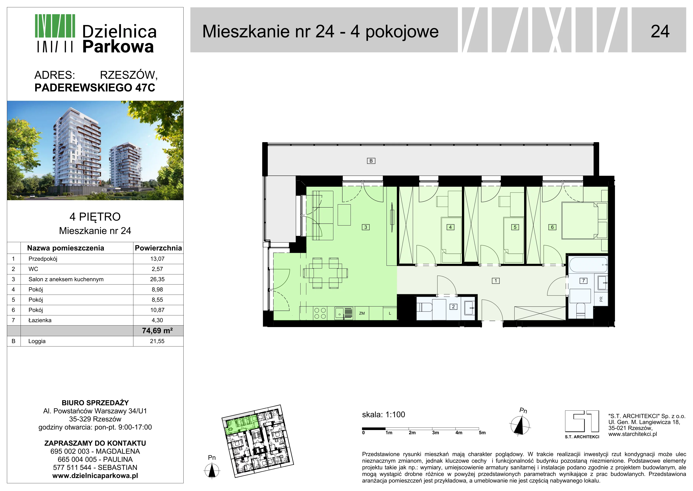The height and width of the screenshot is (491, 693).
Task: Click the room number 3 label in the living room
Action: point(366,227)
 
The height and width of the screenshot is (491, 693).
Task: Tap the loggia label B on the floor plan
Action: point(371,161)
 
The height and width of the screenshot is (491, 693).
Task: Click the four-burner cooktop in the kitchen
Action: point(320,313)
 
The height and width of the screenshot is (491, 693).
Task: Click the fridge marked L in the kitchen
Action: point(390,313)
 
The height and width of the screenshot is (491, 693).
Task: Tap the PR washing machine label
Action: point(601,299)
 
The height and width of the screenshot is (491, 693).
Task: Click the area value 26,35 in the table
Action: point(157,279)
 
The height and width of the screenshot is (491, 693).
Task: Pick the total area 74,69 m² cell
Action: point(157,331)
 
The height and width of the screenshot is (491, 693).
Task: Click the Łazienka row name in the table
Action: point(40,320)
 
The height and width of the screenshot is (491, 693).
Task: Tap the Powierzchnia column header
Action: point(158,248)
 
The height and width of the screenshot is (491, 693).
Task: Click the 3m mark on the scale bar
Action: point(436,433)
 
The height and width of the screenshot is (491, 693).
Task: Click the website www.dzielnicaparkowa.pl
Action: point(95,476)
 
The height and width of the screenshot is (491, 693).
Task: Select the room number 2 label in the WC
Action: point(453,306)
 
